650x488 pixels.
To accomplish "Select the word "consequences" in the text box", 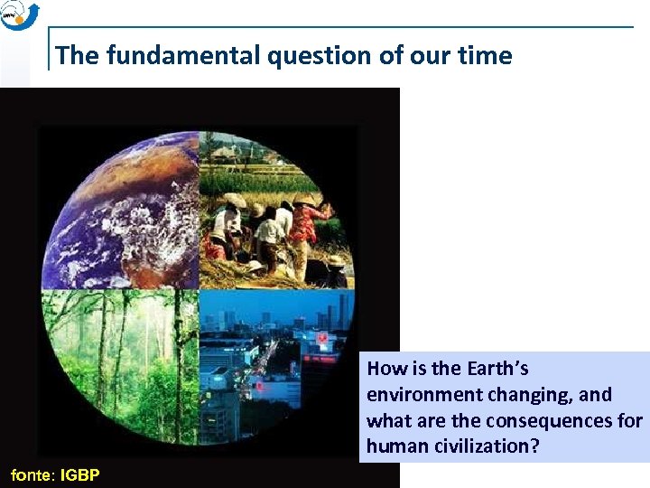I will (x=542, y=421).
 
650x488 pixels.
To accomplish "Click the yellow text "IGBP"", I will (x=80, y=474).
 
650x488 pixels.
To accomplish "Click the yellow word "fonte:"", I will (x=32, y=474).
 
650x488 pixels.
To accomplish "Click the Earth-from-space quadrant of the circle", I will (x=122, y=212).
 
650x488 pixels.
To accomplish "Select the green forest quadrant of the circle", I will (x=122, y=361).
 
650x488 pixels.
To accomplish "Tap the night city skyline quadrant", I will (x=271, y=361).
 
